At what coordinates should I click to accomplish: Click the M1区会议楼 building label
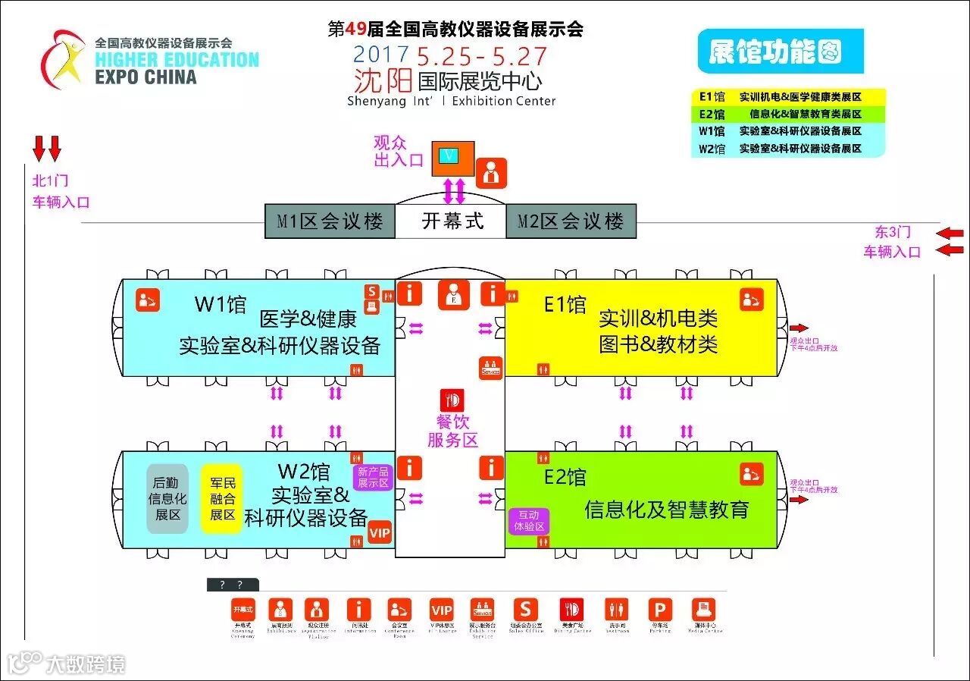(330, 221)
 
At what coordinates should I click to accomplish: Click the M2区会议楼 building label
(571, 221)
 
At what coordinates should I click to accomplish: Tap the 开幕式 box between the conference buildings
(452, 221)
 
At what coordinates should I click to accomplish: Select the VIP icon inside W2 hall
(379, 533)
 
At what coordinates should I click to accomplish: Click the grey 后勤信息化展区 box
(167, 498)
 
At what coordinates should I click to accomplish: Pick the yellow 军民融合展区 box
(222, 498)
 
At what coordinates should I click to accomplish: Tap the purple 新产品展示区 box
(373, 477)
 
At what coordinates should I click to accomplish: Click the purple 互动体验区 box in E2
(529, 520)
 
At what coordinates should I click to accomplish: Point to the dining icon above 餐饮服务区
(452, 400)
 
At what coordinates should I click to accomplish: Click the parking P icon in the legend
(659, 610)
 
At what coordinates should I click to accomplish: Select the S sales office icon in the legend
(525, 610)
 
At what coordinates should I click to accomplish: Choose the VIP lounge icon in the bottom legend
(441, 610)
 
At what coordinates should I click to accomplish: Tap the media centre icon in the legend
(703, 610)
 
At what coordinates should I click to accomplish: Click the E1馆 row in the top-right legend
(788, 97)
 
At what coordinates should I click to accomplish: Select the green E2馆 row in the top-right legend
(788, 115)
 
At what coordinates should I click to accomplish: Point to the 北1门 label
(49, 180)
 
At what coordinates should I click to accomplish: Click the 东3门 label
(893, 233)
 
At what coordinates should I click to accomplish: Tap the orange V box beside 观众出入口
(452, 157)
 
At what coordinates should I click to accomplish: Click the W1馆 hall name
(221, 305)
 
